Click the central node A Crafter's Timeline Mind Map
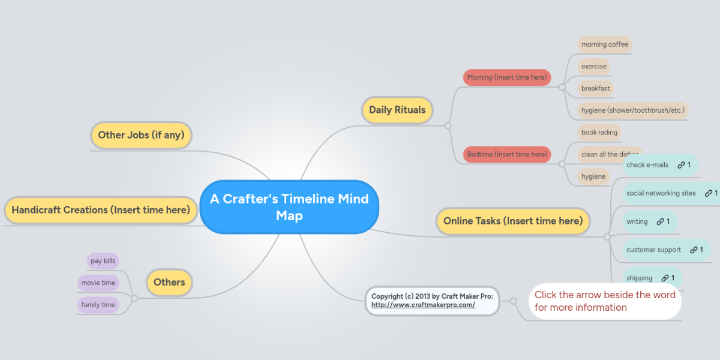[x=289, y=207]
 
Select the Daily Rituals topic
[x=397, y=110]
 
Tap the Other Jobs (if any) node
[x=141, y=135]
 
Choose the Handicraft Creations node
[x=101, y=210]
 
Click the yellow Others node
[x=169, y=282]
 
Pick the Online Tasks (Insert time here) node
[x=512, y=221]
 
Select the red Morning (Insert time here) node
[x=506, y=77]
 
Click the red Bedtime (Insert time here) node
[x=506, y=154]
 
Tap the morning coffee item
[x=605, y=44]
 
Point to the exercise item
[x=593, y=66]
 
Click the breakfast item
[x=595, y=88]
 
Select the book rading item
[x=599, y=132]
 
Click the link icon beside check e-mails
[x=681, y=165]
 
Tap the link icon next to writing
[x=660, y=221]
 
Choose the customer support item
[x=653, y=250]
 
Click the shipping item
[x=639, y=278]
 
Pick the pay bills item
[x=103, y=261]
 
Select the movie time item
[x=98, y=283]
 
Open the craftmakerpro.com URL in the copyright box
[x=423, y=305]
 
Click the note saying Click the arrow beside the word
[x=605, y=301]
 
